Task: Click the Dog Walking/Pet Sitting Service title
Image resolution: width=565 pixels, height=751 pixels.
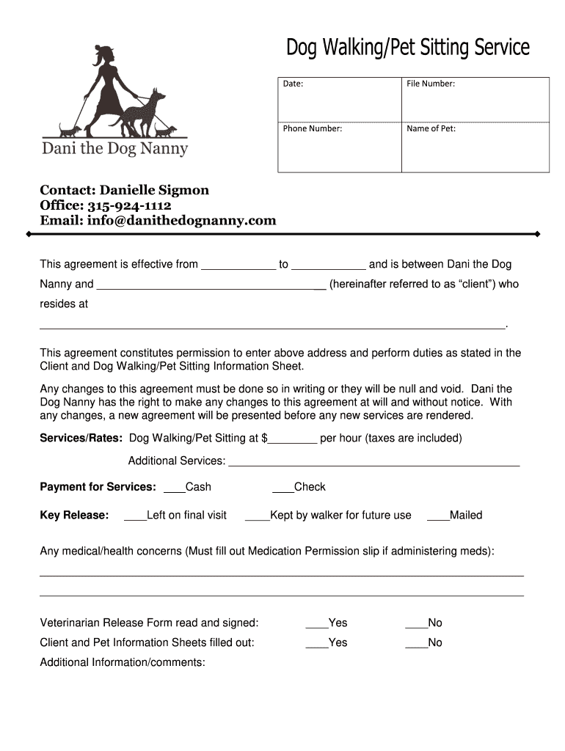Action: [407, 48]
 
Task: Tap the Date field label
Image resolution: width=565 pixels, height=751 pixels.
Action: [294, 84]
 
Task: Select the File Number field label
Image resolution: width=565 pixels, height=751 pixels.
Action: [431, 84]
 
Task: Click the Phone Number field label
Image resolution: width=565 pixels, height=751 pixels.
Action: [313, 128]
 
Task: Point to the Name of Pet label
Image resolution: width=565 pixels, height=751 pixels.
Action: [431, 128]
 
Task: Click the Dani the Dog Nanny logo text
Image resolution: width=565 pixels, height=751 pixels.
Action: [115, 149]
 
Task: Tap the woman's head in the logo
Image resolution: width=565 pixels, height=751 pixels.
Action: [101, 54]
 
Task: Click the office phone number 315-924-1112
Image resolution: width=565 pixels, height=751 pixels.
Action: [129, 205]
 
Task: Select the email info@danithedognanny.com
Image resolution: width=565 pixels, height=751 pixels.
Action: [181, 220]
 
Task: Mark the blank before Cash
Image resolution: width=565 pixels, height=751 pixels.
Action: [174, 488]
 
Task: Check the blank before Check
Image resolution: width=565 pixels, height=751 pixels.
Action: [282, 488]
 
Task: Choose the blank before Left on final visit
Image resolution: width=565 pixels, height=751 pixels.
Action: [135, 516]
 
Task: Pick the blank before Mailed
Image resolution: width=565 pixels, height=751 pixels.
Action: [437, 516]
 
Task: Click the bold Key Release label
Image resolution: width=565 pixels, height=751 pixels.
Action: [74, 516]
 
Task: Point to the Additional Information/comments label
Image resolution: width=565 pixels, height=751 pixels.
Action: [123, 663]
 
